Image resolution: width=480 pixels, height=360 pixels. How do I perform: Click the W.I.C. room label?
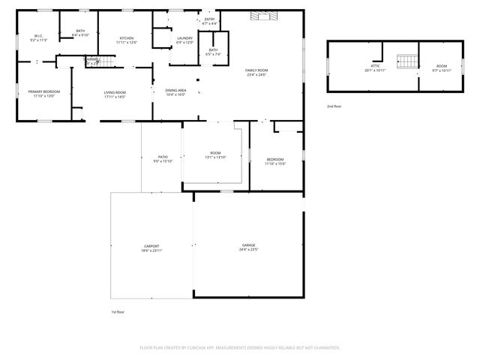click(x=38, y=36)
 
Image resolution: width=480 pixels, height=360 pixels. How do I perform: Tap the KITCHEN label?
click(x=127, y=38)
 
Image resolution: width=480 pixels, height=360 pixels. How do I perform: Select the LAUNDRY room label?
click(x=184, y=38)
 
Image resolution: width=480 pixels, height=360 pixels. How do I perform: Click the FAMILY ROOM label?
click(x=256, y=70)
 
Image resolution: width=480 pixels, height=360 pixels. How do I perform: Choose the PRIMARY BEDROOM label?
click(x=44, y=91)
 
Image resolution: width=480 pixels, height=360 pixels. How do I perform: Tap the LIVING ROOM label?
click(x=115, y=91)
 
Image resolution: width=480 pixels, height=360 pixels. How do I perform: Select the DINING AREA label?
click(x=176, y=90)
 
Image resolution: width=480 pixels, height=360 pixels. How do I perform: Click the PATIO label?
click(x=163, y=157)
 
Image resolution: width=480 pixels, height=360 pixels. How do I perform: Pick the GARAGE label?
click(x=249, y=245)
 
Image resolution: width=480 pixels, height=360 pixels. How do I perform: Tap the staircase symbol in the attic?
click(x=406, y=61)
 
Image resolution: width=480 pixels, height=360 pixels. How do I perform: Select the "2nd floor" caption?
click(x=334, y=106)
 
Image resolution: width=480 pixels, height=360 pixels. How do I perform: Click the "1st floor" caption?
click(x=117, y=310)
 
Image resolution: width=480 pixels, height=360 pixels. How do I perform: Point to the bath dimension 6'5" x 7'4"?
click(x=214, y=54)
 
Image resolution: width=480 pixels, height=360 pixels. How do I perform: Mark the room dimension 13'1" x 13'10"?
click(x=216, y=157)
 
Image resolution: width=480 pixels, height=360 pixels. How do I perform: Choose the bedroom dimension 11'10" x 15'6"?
click(x=275, y=163)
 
